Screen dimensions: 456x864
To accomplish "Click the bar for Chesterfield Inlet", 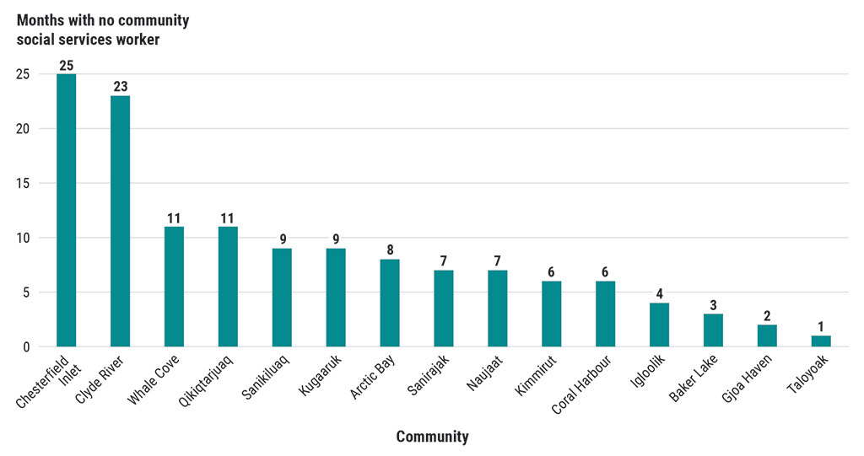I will pos(66,210).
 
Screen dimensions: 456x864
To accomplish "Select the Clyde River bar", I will pos(120,221).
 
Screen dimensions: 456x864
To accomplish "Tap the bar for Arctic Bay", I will pos(390,303).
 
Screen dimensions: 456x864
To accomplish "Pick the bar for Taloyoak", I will pos(821,341).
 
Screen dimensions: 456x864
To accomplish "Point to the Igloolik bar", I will pos(659,325).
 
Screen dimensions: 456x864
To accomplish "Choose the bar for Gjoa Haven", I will pos(767,335).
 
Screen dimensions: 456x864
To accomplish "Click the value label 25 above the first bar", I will pos(66,65).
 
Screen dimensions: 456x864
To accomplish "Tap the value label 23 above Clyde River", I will pos(120,87).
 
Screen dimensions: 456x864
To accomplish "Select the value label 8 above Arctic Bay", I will pos(390,250).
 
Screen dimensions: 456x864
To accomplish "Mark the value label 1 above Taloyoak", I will pos(821,327).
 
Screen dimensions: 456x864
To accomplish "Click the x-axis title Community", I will pos(432,437).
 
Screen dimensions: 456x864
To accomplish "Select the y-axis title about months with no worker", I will pos(103,30).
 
